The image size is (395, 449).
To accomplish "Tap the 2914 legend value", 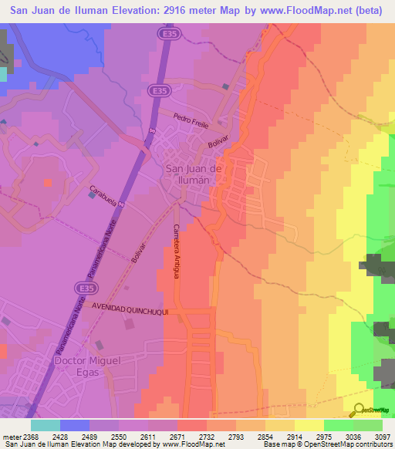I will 294,436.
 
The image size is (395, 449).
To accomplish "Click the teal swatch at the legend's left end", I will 46,425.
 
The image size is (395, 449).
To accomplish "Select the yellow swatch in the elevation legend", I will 309,425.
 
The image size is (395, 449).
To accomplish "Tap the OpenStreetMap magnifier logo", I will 357,410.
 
